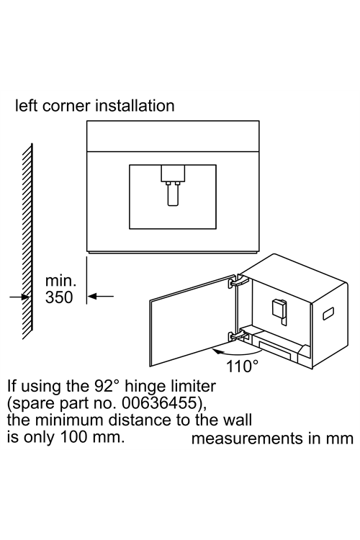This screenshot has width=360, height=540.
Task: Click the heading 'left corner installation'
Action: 95,106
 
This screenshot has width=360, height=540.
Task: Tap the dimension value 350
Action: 59,297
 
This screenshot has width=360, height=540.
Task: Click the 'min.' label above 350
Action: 60,281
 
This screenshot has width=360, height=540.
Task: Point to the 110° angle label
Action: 242,366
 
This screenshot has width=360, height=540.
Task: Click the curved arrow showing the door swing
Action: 237,352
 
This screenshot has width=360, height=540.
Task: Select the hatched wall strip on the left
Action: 27,241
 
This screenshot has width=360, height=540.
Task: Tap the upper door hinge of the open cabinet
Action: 237,281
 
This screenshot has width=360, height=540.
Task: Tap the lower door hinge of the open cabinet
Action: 236,335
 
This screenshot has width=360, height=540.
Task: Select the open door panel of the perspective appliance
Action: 192,320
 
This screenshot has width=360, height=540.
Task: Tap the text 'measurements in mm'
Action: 272,438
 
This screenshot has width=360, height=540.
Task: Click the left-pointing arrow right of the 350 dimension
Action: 100,296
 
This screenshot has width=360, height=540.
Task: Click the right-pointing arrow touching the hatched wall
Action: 19,296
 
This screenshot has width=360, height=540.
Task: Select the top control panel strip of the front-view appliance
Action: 173,136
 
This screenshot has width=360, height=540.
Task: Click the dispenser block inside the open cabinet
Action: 279,309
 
